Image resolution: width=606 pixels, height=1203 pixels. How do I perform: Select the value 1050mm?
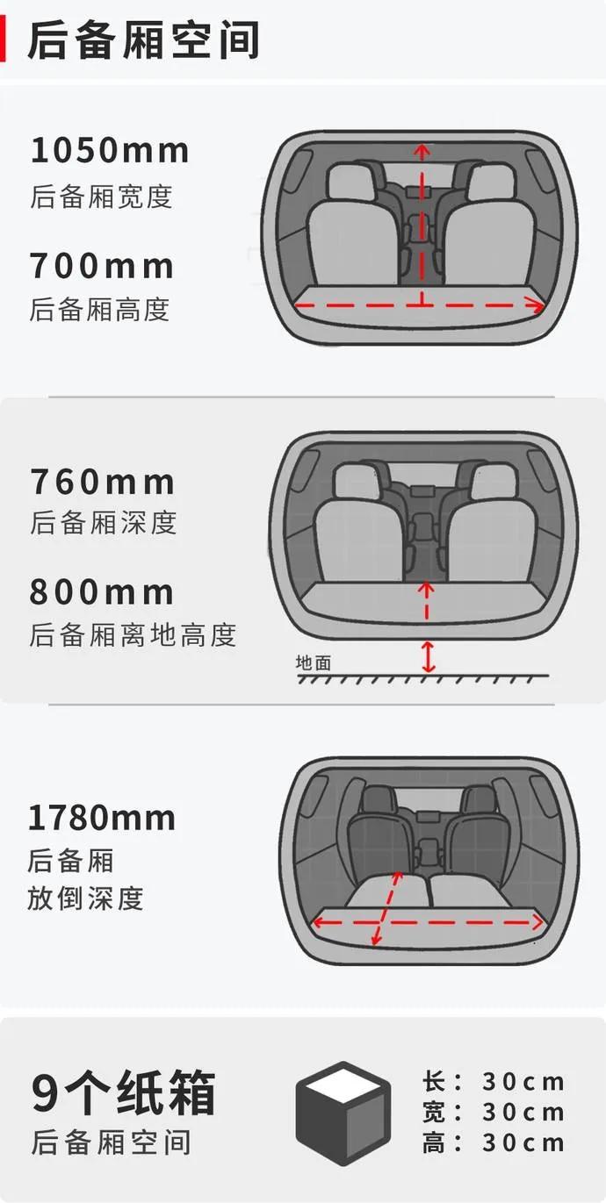click(x=110, y=151)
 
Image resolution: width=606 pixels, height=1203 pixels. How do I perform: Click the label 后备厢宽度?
click(x=101, y=196)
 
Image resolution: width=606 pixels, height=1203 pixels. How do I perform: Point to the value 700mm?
click(x=102, y=265)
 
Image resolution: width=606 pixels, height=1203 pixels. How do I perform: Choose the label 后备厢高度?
click(x=99, y=309)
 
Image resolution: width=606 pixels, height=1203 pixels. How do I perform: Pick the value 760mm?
click(x=103, y=482)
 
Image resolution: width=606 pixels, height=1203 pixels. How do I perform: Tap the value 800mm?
click(x=102, y=592)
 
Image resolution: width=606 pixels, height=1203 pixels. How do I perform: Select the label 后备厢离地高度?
click(x=133, y=634)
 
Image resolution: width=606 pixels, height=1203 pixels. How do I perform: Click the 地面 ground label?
click(x=314, y=662)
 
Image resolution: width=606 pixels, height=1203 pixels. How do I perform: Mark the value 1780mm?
click(x=102, y=818)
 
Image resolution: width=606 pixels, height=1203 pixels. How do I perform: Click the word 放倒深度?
click(x=84, y=899)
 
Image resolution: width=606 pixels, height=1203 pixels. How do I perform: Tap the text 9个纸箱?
click(x=123, y=1093)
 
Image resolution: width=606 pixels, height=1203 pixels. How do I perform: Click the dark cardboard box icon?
click(x=343, y=1113)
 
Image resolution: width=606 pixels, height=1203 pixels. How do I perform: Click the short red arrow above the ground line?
click(x=428, y=656)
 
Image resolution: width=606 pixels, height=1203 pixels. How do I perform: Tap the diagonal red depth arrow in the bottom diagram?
click(x=387, y=908)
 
